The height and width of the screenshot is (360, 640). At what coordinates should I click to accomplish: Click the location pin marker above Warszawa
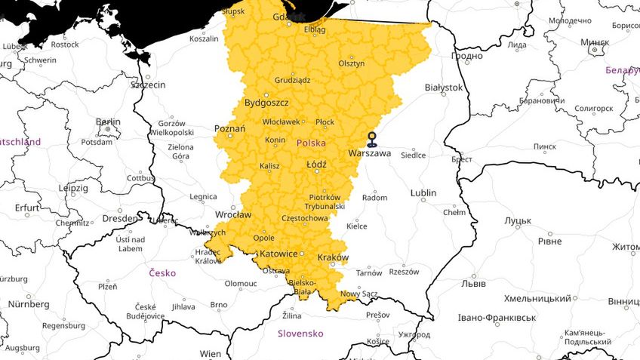pos(371,138)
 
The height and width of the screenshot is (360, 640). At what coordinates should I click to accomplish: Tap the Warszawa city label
pos(370,153)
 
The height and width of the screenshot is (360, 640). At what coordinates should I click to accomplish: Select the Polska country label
pos(311,142)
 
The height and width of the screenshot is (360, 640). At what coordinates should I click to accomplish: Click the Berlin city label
pos(108,122)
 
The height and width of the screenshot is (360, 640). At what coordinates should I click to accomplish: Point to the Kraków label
pos(333,257)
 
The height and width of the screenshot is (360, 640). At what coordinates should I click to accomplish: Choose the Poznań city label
pos(229,128)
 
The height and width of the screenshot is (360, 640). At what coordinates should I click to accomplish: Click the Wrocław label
pos(233,214)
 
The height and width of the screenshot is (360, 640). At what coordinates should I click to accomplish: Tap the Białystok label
pos(443,88)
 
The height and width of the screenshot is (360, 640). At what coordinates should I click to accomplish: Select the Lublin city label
pos(423,193)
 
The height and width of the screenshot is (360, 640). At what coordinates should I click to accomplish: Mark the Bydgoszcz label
pos(266,102)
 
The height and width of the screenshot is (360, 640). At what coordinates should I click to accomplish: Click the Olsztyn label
pos(352,63)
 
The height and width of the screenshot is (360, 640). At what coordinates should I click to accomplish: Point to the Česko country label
pos(162,272)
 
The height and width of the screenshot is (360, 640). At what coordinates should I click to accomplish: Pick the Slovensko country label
pos(300,333)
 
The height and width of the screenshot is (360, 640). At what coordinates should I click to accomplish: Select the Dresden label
pos(120,218)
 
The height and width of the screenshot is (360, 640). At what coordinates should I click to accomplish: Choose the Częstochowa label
pos(304,218)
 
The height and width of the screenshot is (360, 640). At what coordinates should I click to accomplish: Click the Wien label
pos(211,353)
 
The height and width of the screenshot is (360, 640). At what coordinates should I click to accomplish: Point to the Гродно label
pos(466,56)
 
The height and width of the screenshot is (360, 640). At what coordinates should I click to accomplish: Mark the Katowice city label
pos(278,254)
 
